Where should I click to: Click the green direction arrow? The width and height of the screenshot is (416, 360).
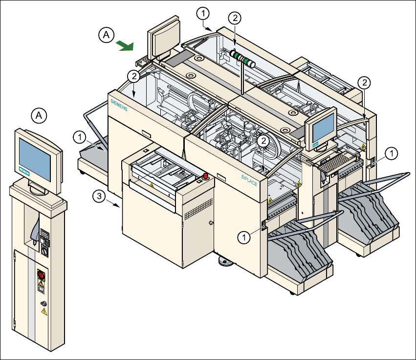pos(125,45)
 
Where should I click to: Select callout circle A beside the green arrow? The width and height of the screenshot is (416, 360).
pos(107,35)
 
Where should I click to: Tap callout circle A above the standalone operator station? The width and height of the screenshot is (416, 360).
pos(39,116)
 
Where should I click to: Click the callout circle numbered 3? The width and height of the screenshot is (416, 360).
pos(99,196)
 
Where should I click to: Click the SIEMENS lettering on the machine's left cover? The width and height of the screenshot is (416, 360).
pos(119,105)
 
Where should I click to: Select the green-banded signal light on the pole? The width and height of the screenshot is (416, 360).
pos(242,59)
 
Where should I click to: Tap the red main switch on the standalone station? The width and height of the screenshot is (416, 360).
pos(41,275)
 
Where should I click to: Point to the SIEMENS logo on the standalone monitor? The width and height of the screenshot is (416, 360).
pos(24,171)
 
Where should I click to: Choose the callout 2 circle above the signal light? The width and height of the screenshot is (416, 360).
pos(235,18)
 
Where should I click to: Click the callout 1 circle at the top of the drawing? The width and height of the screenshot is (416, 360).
pos(203,13)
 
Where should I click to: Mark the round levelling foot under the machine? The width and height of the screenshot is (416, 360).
pos(225,261)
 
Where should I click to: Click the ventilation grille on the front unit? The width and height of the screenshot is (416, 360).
pos(199,209)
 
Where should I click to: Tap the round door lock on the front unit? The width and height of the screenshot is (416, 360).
pos(211,223)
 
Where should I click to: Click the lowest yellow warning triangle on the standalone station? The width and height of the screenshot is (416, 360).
pos(44,312)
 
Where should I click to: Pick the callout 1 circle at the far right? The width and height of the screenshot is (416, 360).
pos(392,154)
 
